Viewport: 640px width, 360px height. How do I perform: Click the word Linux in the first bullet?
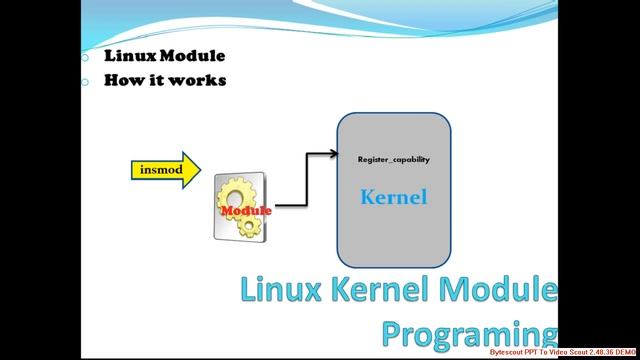click(127, 56)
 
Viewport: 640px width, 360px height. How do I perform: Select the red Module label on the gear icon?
click(246, 211)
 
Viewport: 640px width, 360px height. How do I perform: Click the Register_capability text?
click(393, 160)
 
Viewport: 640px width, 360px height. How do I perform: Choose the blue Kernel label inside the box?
click(393, 197)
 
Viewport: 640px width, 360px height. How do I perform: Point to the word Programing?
click(468, 332)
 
